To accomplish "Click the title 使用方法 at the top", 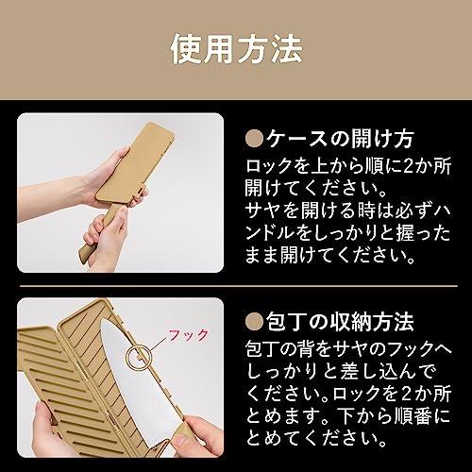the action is pyautogui.click(x=236, y=50).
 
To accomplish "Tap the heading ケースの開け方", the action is pyautogui.click(x=340, y=139).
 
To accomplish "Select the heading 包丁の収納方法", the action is pyautogui.click(x=340, y=322).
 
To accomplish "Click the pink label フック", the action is pyautogui.click(x=188, y=335).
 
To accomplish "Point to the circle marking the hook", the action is pyautogui.click(x=126, y=358).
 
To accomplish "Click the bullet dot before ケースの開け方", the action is pyautogui.click(x=254, y=139).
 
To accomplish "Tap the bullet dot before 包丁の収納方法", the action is pyautogui.click(x=254, y=322).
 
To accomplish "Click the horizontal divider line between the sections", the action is pyautogui.click(x=239, y=286).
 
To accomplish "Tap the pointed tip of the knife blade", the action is pyautogui.click(x=102, y=319).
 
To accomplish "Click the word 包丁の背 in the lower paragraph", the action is pyautogui.click(x=278, y=348).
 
